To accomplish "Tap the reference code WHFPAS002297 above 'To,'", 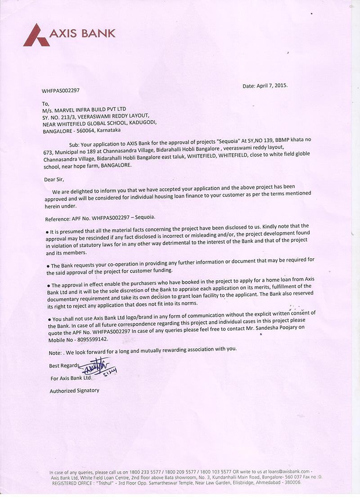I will tap(61, 90).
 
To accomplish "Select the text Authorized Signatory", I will tap(74, 391).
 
